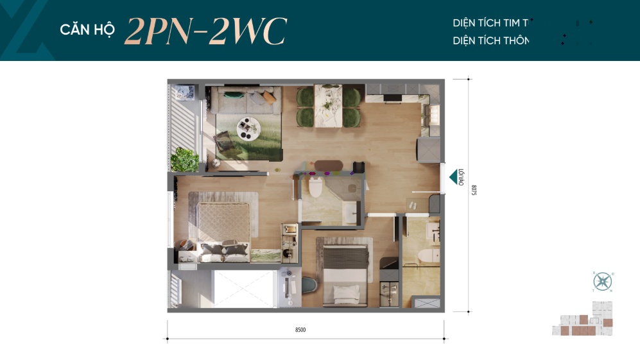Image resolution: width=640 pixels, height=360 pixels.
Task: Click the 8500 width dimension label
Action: coord(300,330)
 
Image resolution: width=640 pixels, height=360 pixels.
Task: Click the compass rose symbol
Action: coord(603,281)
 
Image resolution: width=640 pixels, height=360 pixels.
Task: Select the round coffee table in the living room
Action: coord(246,128)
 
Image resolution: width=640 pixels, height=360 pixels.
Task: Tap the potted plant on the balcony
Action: coord(186,159)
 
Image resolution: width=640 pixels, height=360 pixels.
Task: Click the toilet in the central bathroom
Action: coord(315,188)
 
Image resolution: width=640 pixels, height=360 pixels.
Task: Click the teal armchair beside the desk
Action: coord(309,282)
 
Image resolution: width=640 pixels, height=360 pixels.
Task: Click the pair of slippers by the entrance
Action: coord(411,204)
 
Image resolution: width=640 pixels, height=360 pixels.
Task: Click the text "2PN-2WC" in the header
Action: coord(205,31)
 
